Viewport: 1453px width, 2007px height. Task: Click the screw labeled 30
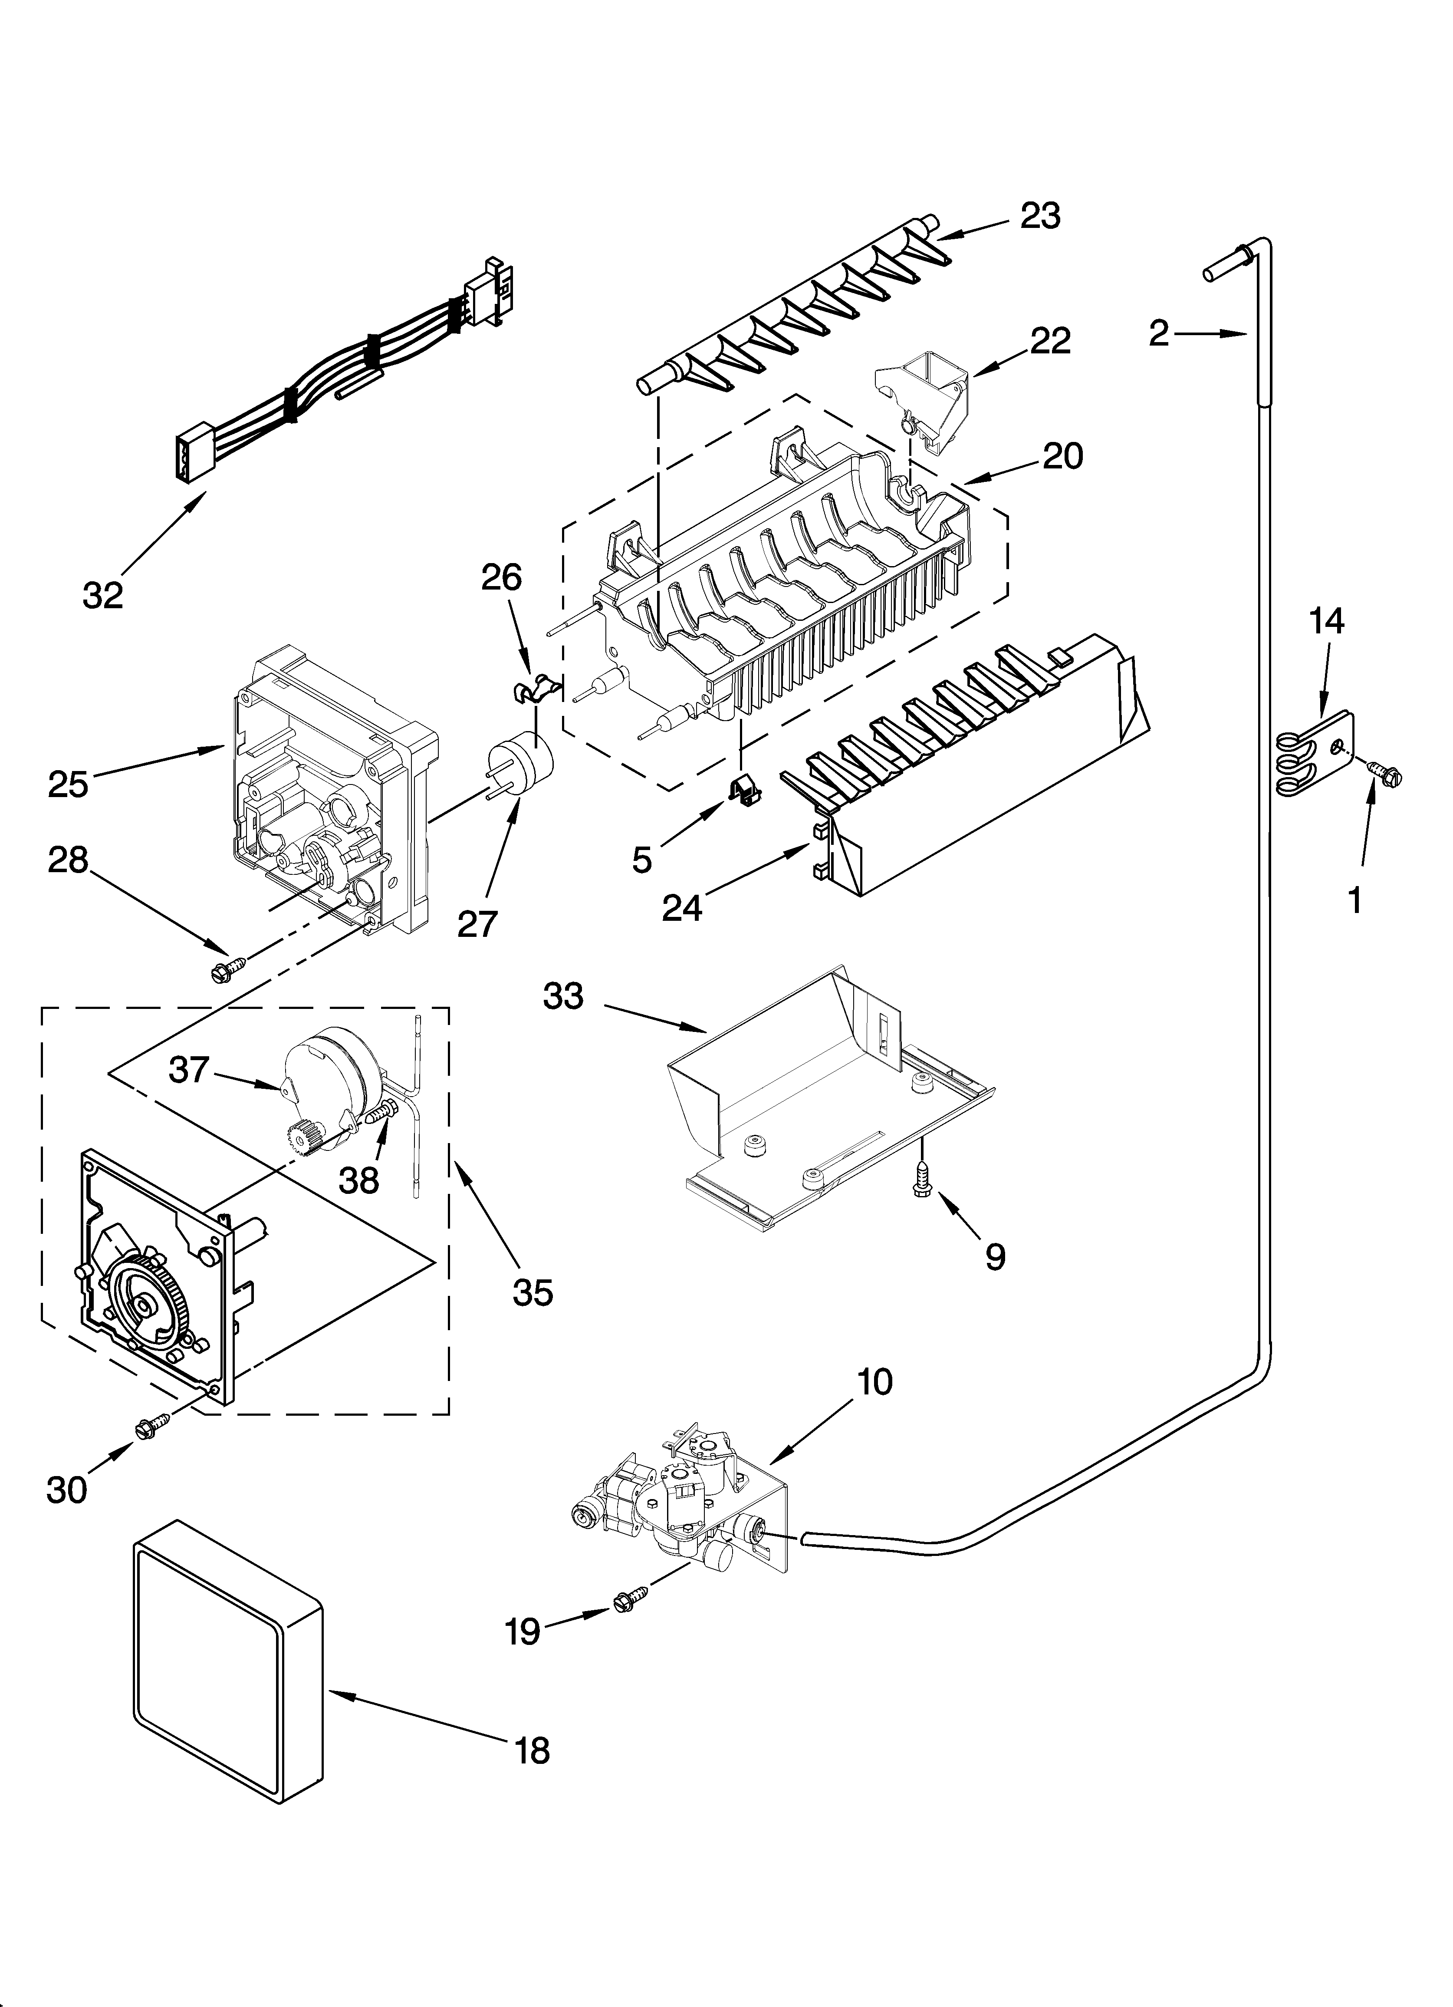(x=150, y=1425)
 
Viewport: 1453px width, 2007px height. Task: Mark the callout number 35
(x=532, y=1292)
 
